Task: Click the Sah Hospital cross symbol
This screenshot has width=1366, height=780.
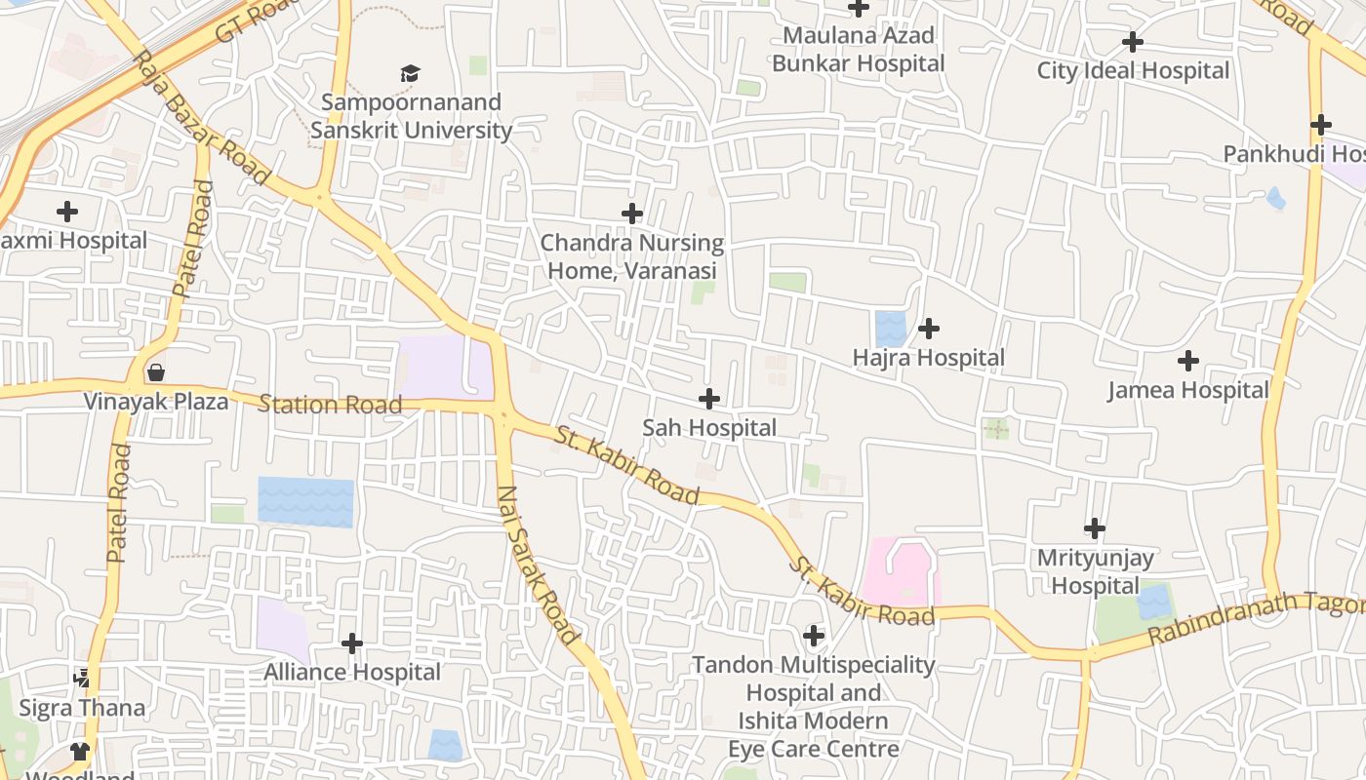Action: click(709, 399)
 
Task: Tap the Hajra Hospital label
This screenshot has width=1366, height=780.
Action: click(928, 358)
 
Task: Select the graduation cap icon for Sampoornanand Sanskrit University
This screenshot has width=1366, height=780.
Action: click(410, 74)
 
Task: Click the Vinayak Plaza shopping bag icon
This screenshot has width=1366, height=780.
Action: click(155, 372)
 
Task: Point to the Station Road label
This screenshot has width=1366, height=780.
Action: click(330, 404)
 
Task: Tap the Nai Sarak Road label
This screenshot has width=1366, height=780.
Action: click(537, 565)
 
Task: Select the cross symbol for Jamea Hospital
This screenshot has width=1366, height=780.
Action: click(1187, 362)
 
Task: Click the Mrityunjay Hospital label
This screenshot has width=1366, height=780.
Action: click(1094, 571)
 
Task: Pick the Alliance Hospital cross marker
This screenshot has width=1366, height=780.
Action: click(352, 643)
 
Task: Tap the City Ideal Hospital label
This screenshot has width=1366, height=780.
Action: click(1133, 70)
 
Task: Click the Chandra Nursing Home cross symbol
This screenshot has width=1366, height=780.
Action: click(632, 214)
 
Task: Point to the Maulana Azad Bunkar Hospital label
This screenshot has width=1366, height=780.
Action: click(859, 50)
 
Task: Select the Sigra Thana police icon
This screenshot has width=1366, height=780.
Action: click(82, 678)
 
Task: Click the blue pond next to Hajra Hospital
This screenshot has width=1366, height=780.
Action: click(890, 329)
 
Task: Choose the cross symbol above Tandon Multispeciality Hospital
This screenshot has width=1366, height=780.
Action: click(813, 637)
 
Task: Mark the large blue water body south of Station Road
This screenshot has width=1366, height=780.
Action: click(305, 502)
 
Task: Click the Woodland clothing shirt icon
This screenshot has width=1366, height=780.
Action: click(79, 752)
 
